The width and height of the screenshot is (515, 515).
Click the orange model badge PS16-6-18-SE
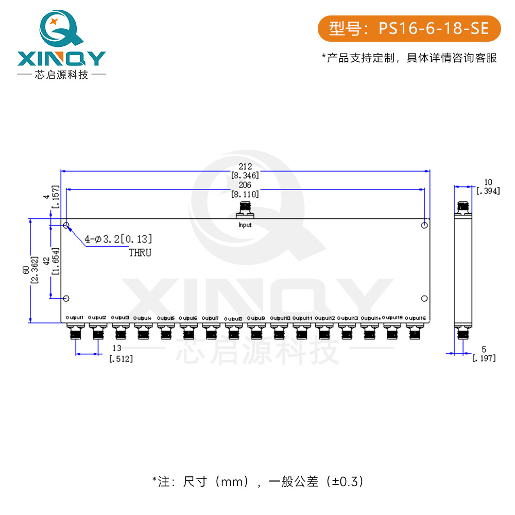point(409,28)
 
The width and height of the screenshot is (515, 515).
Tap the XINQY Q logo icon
point(61,28)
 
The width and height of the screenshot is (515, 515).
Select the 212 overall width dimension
point(245,166)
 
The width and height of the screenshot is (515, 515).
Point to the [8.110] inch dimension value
point(245,194)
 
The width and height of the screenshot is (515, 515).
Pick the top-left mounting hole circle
point(66,226)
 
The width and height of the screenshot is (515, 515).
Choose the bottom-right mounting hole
point(424,299)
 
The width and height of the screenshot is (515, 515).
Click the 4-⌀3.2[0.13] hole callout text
point(118,239)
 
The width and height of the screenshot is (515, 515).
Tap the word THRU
point(140,253)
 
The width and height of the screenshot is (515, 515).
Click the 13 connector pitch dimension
point(118,348)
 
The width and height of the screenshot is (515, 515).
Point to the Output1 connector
point(75,332)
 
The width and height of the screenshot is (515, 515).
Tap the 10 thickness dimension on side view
point(488,182)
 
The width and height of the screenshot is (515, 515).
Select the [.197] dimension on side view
point(484,358)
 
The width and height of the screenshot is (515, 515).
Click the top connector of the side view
point(462,207)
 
